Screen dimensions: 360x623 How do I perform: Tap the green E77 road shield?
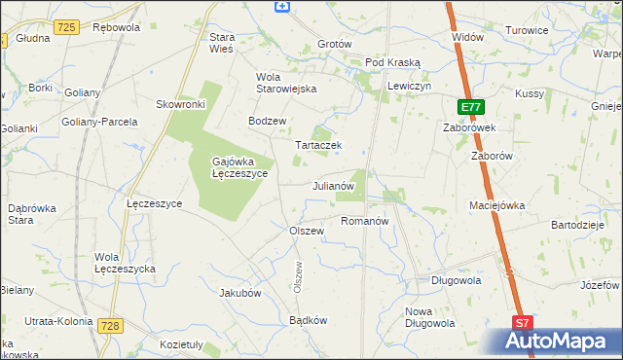pyautogui.click(x=469, y=107)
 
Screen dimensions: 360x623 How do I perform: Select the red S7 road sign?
pyautogui.click(x=523, y=323)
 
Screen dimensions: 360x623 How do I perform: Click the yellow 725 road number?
pyautogui.click(x=66, y=27)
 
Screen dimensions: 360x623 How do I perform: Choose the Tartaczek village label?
pyautogui.click(x=318, y=146)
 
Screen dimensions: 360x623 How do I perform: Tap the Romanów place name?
pyautogui.click(x=365, y=221)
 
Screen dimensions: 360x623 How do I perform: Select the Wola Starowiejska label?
pyautogui.click(x=286, y=83)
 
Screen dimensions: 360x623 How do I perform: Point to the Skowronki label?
pyautogui.click(x=180, y=104)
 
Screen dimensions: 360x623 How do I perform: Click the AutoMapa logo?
pyautogui.click(x=561, y=342)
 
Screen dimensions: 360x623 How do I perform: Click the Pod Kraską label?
pyautogui.click(x=393, y=62)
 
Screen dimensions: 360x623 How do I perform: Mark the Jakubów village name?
pyautogui.click(x=241, y=292)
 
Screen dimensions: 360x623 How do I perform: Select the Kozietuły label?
pyautogui.click(x=181, y=343)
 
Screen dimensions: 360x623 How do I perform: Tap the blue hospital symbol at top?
pyautogui.click(x=282, y=6)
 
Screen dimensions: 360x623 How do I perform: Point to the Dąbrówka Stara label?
pyautogui.click(x=33, y=213)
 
